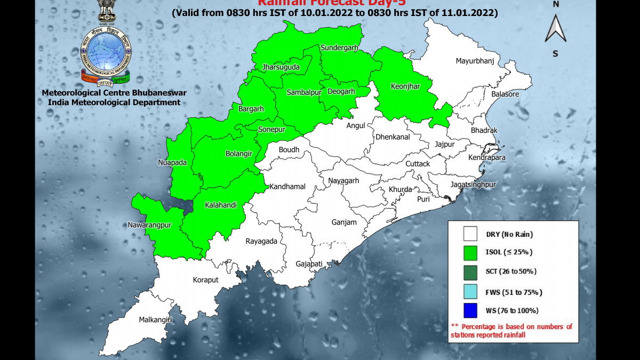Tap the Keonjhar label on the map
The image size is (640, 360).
click(x=405, y=86)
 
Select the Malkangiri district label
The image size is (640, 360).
click(x=156, y=319)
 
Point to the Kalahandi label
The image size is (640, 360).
click(x=221, y=205)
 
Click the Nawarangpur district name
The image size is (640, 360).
click(x=150, y=225)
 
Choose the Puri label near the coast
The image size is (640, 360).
click(x=423, y=199)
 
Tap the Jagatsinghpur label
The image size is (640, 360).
click(x=473, y=185)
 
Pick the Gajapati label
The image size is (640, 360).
click(x=309, y=264)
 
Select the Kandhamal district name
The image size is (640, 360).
click(x=287, y=187)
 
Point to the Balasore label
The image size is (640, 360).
click(x=505, y=94)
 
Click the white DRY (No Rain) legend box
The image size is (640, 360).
click(x=470, y=234)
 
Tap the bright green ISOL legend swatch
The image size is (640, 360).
click(x=470, y=252)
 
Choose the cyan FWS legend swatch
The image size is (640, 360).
click(x=470, y=292)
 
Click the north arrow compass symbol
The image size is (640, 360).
click(x=555, y=29)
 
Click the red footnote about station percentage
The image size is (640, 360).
click(x=511, y=331)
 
